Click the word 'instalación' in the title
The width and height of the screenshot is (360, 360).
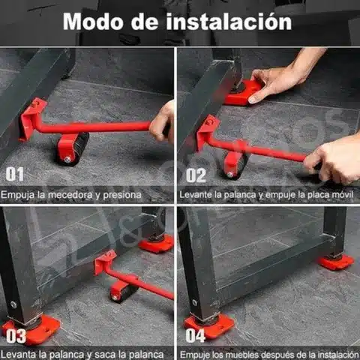click(229, 21)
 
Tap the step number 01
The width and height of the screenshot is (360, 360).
click(15, 174)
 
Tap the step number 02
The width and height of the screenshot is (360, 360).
click(196, 175)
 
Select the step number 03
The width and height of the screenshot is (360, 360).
click(16, 336)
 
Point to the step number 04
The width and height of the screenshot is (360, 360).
click(195, 335)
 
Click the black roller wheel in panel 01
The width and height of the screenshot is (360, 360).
click(75, 150)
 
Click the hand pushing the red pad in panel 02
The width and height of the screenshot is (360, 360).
click(275, 82)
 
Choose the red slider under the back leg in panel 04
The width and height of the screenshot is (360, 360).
click(336, 262)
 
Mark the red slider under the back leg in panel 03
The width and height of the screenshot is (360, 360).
click(156, 244)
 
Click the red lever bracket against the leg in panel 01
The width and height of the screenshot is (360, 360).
click(31, 118)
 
